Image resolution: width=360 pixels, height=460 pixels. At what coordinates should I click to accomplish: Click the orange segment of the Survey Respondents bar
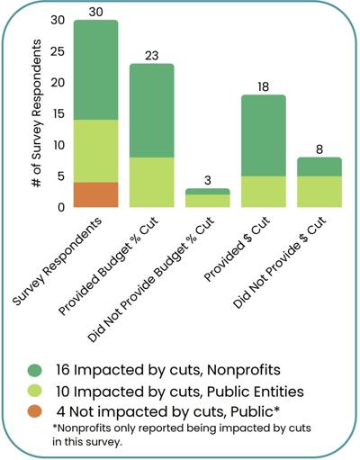click(x=95, y=194)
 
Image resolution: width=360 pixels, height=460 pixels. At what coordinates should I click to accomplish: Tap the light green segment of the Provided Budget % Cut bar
click(x=151, y=183)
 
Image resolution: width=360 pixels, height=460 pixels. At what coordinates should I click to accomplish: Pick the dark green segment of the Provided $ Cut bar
click(x=263, y=135)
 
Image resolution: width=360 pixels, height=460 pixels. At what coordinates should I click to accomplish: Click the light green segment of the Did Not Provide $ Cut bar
click(x=319, y=192)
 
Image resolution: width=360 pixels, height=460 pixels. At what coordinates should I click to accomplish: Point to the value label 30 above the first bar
click(x=95, y=11)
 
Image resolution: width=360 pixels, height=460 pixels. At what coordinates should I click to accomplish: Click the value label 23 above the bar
click(x=151, y=55)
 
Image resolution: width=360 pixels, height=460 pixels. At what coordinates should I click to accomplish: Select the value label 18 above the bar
click(x=263, y=86)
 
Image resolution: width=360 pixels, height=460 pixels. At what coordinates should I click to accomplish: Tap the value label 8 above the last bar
click(x=319, y=149)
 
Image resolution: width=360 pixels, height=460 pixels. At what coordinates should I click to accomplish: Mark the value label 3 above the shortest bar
click(x=207, y=180)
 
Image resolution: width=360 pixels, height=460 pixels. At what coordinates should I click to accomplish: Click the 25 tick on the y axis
click(x=59, y=51)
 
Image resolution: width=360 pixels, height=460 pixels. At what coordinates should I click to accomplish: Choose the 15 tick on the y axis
click(x=59, y=113)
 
